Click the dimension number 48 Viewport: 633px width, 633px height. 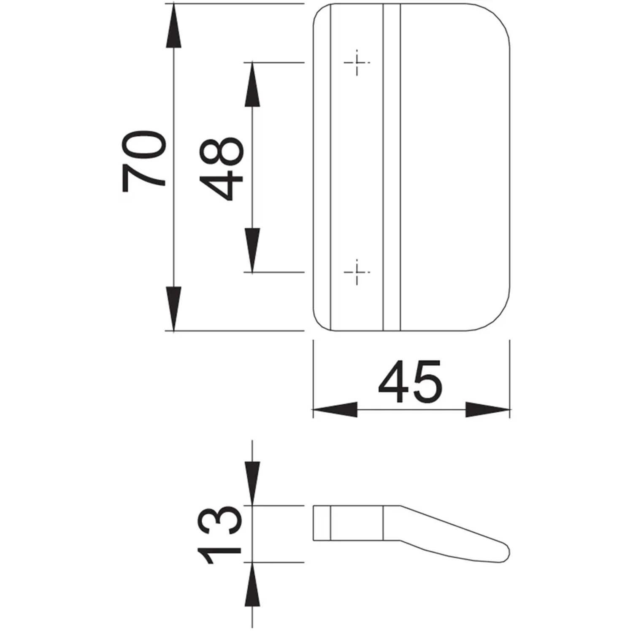[221, 168]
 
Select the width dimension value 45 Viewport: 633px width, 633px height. [410, 382]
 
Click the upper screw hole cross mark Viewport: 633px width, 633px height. [357, 63]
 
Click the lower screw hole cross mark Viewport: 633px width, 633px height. [357, 272]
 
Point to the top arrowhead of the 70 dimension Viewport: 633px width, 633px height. [173, 26]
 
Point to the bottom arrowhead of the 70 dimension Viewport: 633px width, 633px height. [173, 308]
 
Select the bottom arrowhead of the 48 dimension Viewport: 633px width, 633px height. [252, 250]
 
